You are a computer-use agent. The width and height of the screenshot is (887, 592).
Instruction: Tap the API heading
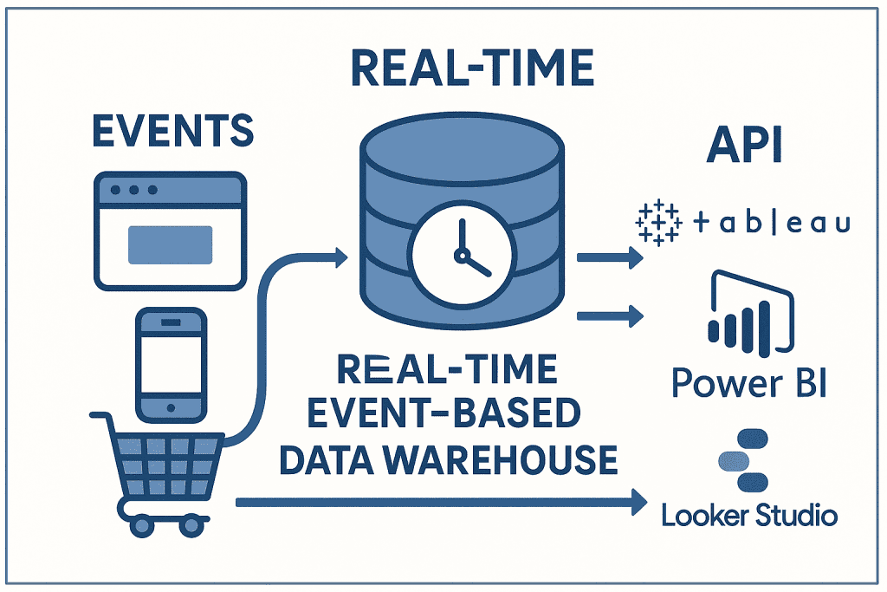(743, 147)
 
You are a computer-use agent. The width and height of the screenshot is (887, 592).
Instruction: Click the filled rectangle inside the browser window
(171, 244)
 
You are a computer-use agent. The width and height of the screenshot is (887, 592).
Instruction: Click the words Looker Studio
(749, 515)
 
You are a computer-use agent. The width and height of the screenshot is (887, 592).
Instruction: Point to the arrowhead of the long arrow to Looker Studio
(640, 500)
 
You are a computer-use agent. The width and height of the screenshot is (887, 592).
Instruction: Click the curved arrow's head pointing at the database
(339, 256)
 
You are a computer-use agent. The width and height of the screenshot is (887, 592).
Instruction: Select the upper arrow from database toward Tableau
(610, 257)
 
